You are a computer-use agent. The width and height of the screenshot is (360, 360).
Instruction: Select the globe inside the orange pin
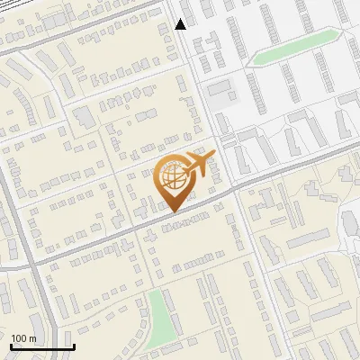171,177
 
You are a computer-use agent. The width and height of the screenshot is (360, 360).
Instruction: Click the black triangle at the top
181,24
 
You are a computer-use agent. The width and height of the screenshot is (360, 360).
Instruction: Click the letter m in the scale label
31,338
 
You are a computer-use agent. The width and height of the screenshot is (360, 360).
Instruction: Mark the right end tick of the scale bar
74,346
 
